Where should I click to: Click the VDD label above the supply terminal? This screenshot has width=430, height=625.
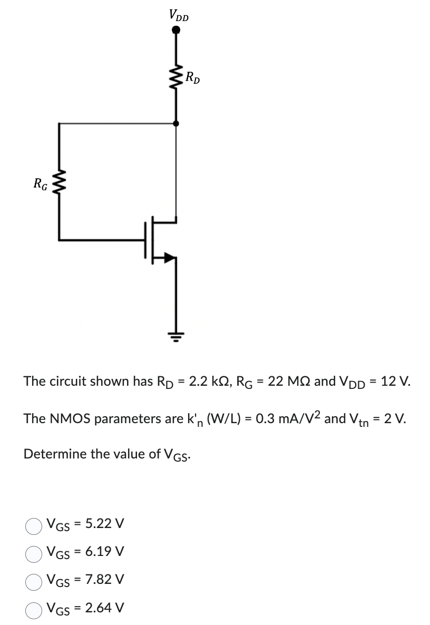click(178, 15)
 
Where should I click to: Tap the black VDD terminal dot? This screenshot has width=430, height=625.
click(176, 31)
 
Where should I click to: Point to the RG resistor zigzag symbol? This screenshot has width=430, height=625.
click(58, 184)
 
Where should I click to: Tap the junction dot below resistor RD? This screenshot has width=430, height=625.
click(175, 123)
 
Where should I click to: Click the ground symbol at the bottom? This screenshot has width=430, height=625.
click(175, 334)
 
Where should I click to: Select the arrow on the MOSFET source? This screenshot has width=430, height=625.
click(170, 258)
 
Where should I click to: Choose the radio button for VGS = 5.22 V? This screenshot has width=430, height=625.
click(34, 525)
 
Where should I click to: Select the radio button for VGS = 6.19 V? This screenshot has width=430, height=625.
click(34, 552)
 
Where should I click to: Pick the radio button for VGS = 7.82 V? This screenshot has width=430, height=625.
click(34, 580)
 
